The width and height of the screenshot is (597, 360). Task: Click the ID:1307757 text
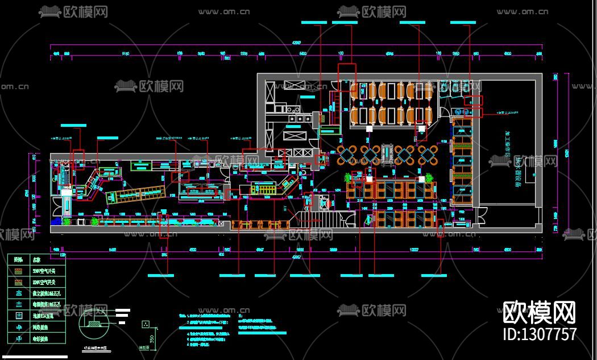pos(540,334)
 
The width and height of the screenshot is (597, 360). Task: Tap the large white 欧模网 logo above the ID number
pos(540,312)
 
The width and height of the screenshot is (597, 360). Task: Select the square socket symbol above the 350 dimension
pos(146,324)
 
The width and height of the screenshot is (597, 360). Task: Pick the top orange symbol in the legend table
pos(19,270)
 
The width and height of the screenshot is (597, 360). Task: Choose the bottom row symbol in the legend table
pos(19,338)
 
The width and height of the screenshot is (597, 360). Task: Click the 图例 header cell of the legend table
pos(19,259)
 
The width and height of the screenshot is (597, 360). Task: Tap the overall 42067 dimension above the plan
pos(296,43)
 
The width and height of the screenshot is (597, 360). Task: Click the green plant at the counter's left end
pos(347,177)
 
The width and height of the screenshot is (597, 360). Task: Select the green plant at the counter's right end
pos(428,177)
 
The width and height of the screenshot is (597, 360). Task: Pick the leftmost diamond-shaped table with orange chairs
pos(346,154)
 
